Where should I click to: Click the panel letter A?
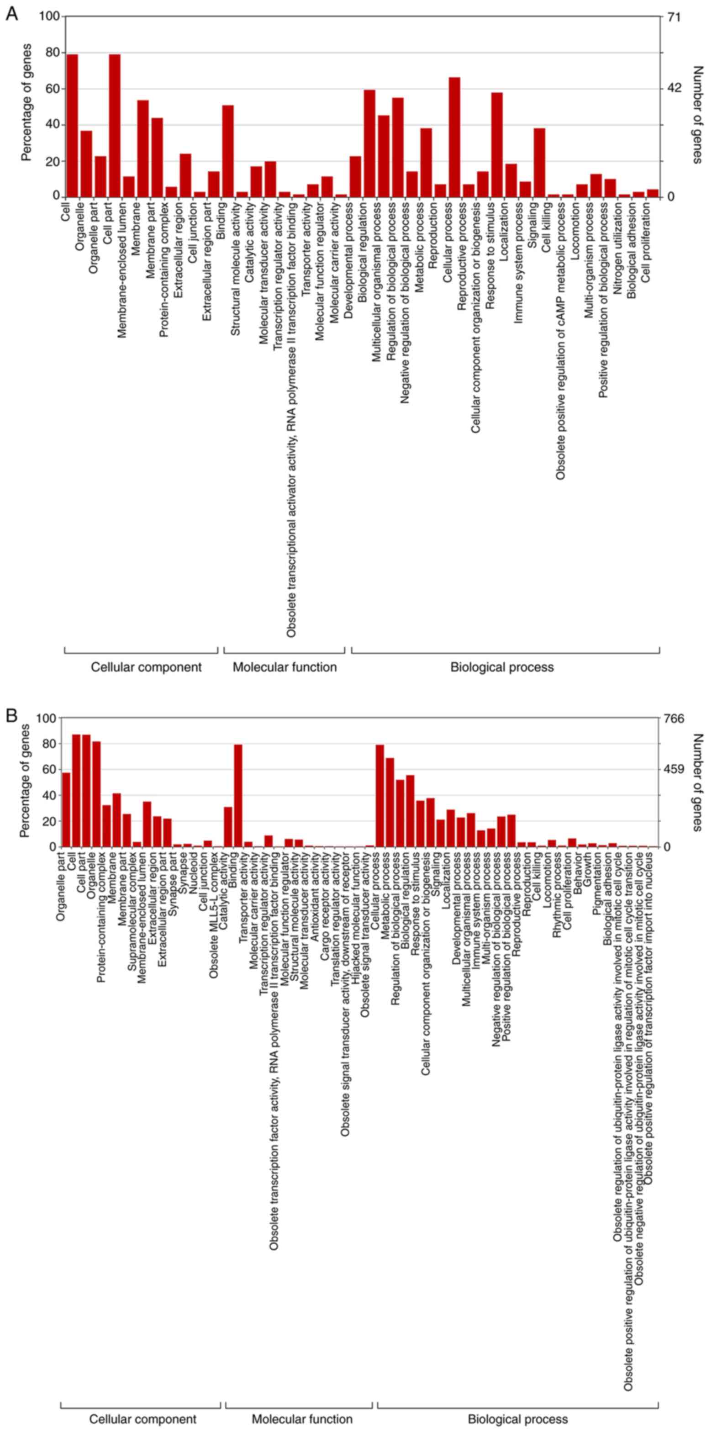(11, 14)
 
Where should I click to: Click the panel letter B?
(11, 715)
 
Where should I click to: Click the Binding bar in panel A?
(228, 151)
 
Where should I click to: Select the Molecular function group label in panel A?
(285, 667)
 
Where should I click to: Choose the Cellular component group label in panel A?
(146, 667)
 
